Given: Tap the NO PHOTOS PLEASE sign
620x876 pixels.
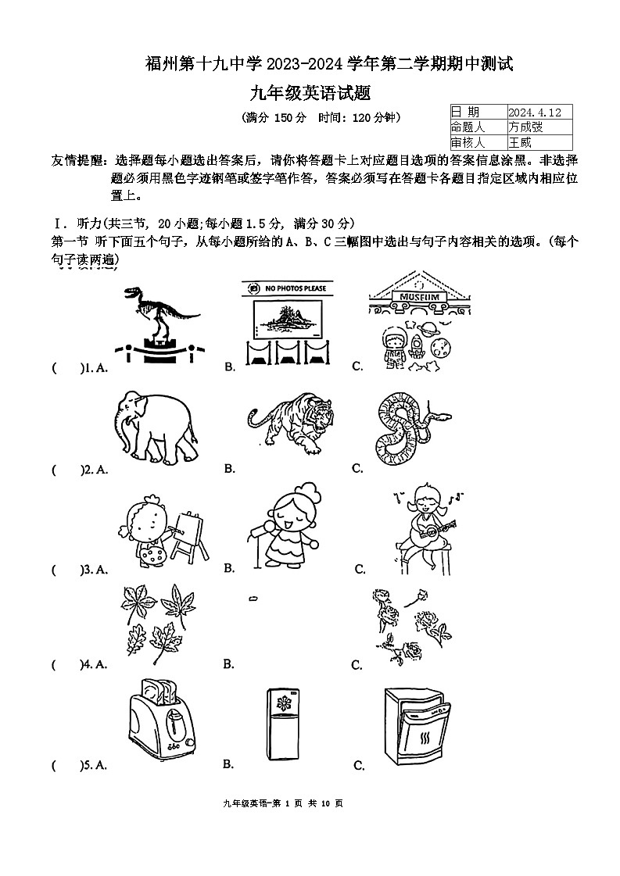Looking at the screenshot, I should tap(287, 289).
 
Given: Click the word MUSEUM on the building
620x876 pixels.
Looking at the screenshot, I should tap(423, 298).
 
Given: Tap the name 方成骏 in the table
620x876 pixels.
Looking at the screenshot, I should tap(525, 127).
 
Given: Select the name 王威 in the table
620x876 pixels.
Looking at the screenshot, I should tap(520, 143).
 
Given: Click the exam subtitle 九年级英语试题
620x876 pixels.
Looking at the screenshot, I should tap(309, 94).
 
